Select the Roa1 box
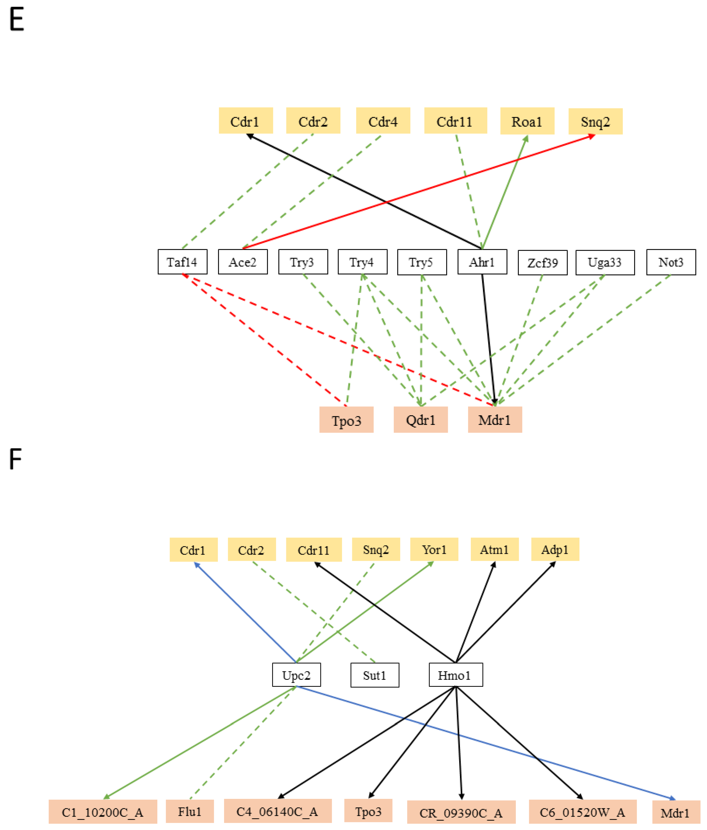(x=527, y=121)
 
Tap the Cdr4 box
(x=383, y=121)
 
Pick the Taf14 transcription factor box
(x=182, y=262)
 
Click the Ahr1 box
(x=482, y=262)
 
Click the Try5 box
(x=421, y=262)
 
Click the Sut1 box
(x=374, y=675)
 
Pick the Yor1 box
(x=434, y=550)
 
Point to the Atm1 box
(x=494, y=550)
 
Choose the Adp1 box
(x=555, y=550)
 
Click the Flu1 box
(x=189, y=811)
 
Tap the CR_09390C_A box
(x=461, y=813)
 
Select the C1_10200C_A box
(x=103, y=812)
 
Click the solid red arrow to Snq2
(x=418, y=192)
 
